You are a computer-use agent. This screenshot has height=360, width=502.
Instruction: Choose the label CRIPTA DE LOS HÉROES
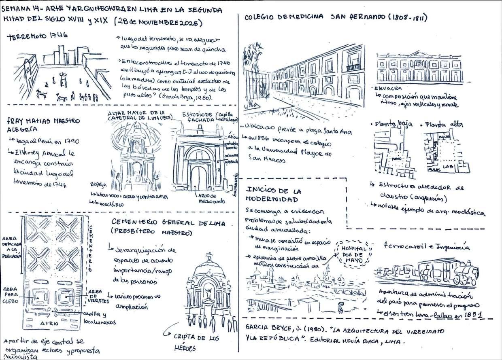tap(193, 342)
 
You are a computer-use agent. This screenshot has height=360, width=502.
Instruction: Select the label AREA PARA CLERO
tap(11, 295)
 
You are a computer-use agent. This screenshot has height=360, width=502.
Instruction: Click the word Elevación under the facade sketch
tap(389, 88)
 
